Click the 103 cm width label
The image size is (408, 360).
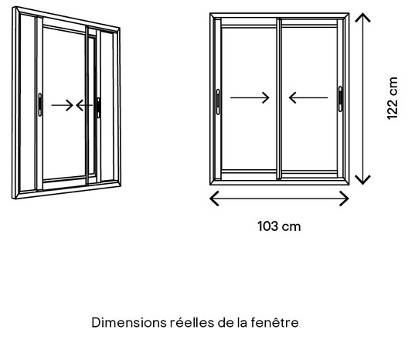(x=279, y=226)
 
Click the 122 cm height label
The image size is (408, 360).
(x=393, y=98)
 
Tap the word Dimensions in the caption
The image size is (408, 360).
(x=127, y=321)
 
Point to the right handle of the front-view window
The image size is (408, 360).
(x=340, y=98)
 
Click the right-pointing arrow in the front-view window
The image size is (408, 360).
(x=250, y=97)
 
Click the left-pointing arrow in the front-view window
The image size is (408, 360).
(x=308, y=97)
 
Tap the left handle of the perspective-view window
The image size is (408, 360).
(x=40, y=103)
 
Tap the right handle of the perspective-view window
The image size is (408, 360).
(x=98, y=106)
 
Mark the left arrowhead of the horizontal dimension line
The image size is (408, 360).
(x=214, y=199)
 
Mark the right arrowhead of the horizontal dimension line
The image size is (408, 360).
(x=345, y=199)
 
